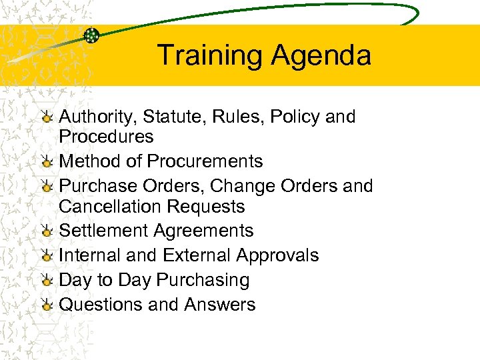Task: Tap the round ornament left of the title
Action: (92, 35)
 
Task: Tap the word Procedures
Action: (106, 137)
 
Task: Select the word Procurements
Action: (205, 161)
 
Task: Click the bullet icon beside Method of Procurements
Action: (47, 162)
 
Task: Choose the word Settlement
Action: (103, 231)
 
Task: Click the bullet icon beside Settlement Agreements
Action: (47, 231)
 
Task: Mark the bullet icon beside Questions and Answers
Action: (47, 305)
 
